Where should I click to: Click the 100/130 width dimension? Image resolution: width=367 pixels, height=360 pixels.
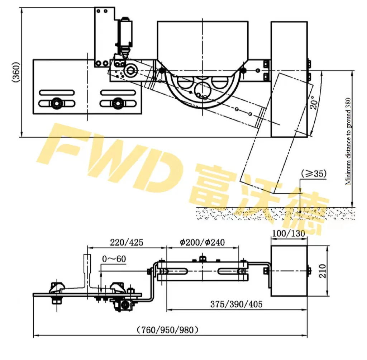(x=289, y=233)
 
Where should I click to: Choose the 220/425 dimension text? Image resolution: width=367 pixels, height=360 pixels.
(x=127, y=242)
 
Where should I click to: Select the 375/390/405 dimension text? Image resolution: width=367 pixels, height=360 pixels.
(x=237, y=304)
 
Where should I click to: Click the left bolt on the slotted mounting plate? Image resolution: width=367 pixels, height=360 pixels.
(x=56, y=103)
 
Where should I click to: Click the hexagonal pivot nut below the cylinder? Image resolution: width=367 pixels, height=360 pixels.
(x=130, y=70)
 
